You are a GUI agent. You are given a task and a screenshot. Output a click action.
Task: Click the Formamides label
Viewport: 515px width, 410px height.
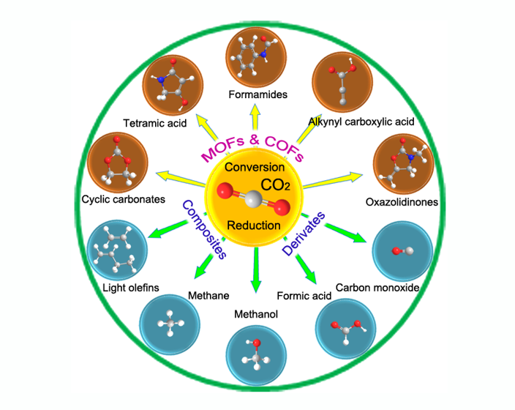point(257,94)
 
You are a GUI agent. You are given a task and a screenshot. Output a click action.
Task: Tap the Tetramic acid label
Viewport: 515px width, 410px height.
point(156,122)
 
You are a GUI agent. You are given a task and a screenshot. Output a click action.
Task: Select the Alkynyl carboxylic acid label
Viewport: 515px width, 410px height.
point(361,122)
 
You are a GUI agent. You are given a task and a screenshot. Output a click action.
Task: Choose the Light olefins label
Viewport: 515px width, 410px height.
point(131,287)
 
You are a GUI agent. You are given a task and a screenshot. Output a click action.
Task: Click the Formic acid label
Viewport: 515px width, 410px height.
point(303,296)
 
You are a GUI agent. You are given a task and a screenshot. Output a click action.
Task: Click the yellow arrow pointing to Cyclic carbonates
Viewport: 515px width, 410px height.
point(180,176)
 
